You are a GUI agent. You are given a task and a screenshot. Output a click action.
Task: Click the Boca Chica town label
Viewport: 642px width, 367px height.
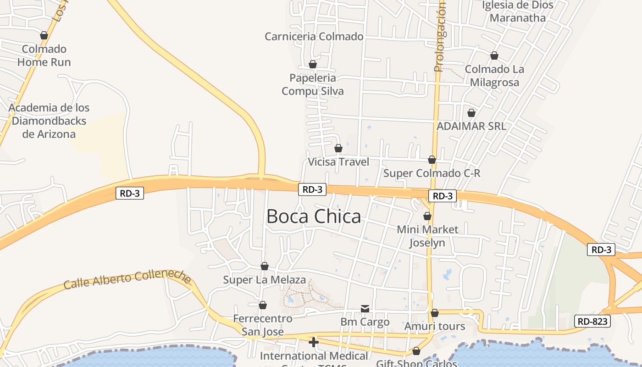coord(314,217)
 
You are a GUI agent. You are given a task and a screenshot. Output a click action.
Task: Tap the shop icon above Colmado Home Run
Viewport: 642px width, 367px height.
coord(44,35)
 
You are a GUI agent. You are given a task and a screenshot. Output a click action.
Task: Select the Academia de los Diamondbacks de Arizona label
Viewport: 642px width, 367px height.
coord(49,121)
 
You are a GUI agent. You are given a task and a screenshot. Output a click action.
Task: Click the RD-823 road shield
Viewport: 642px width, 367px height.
coord(592,321)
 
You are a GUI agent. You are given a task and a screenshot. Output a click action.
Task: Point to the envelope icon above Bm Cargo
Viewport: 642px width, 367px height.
coord(365,309)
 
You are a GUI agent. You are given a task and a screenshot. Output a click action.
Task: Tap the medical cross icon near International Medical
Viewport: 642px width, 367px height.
coord(314,342)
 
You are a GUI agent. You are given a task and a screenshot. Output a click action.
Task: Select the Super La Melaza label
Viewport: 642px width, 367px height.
coord(264,280)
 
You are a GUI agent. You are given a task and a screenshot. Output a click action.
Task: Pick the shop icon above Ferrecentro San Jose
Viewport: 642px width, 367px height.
coord(263,305)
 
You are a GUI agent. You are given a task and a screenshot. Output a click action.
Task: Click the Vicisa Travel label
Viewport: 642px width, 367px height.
coord(338,162)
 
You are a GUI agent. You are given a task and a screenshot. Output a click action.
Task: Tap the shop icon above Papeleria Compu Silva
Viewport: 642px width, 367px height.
coord(313,64)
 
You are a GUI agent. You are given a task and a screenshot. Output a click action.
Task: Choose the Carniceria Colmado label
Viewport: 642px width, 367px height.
coord(314,37)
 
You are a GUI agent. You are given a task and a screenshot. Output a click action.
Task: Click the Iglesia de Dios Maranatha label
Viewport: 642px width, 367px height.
coord(518,11)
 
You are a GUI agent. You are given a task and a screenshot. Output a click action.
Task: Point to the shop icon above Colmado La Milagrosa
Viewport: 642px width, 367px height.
coord(494,56)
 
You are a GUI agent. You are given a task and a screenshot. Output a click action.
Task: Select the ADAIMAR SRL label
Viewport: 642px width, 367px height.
coord(471,126)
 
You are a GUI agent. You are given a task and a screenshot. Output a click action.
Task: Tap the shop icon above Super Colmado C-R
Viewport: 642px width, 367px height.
coord(432,160)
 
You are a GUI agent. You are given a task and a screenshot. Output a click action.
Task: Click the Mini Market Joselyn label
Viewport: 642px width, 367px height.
coord(427,236)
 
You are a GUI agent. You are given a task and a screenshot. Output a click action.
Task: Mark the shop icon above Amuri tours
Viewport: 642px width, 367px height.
coord(435,313)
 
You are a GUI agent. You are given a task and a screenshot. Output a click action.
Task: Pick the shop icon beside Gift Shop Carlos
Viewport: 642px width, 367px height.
coord(416,351)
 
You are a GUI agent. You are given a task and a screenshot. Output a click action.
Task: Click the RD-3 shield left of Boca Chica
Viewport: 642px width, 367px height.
coord(130,193)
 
